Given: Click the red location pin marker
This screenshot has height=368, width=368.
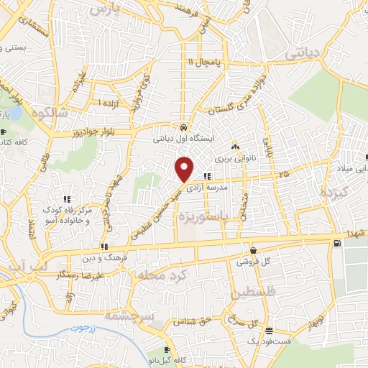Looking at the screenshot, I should click(185, 168).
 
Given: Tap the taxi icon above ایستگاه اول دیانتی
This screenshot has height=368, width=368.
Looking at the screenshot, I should click(185, 124).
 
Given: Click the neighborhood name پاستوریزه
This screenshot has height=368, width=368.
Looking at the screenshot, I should click(224, 216).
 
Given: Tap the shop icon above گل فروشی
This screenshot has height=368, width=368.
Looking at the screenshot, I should click(253, 250).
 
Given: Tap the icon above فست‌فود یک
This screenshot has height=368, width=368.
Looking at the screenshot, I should click(268, 331).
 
